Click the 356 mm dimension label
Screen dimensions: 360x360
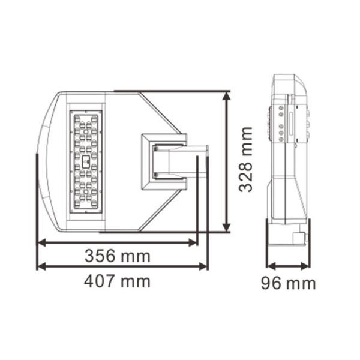pyautogui.click(x=117, y=256)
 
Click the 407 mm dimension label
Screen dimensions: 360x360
pyautogui.click(x=117, y=281)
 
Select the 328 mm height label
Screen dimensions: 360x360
pyautogui.click(x=245, y=159)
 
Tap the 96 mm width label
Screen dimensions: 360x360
pyautogui.click(x=288, y=283)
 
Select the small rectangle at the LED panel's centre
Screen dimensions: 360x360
pyautogui.click(x=85, y=161)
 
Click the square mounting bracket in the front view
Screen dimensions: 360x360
pyautogui.click(x=163, y=161)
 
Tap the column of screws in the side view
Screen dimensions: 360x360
pyautogui.click(x=281, y=124)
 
